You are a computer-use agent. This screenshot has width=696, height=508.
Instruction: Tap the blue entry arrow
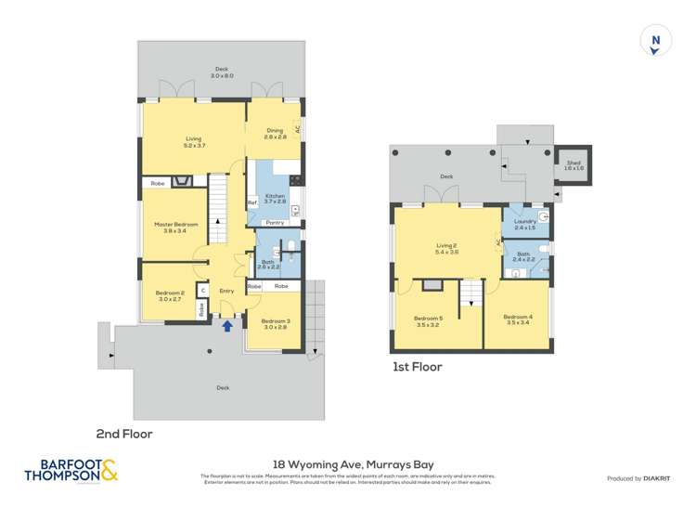point(227,325)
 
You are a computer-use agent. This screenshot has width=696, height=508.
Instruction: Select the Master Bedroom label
point(175,228)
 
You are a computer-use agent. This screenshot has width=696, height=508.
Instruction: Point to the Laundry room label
point(524,224)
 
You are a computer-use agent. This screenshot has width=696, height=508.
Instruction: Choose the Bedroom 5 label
point(428,321)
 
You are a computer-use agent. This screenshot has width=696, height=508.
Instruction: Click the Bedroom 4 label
point(518,320)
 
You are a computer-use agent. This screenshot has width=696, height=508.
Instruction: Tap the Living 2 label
point(448,248)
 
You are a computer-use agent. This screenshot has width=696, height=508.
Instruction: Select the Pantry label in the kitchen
point(275,223)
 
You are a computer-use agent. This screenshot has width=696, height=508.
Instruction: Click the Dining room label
point(274,134)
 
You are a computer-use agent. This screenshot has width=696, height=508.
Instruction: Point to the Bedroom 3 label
point(276,324)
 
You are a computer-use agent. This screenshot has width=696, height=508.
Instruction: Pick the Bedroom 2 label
point(170,296)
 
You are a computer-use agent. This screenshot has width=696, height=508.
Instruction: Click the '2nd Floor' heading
point(124,433)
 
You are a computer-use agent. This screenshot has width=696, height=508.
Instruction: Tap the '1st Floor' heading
point(417,367)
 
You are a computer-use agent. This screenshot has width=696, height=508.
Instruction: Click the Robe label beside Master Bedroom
point(158,184)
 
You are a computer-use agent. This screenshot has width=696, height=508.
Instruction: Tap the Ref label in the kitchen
point(251,202)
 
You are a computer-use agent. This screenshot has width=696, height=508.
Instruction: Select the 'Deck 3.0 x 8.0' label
point(221,72)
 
